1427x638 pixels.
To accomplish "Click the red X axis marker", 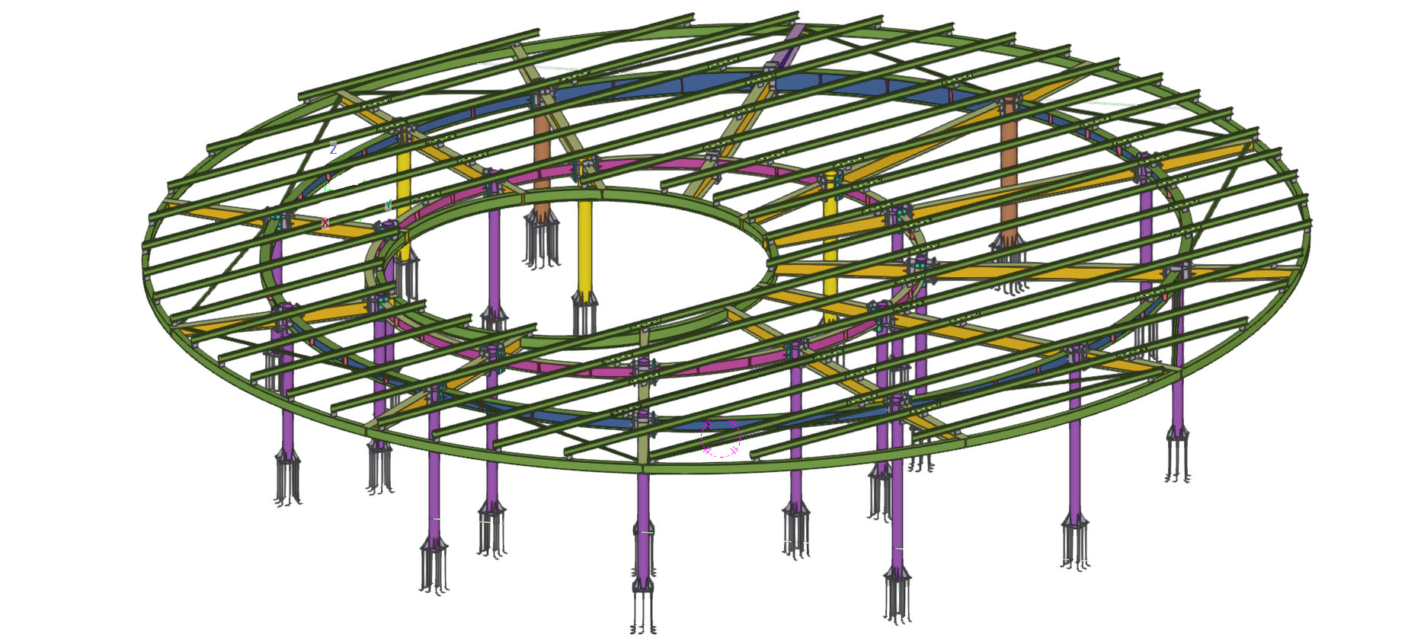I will [325, 223].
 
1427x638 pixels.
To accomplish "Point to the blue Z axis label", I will [333, 150].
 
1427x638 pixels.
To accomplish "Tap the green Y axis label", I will [389, 204].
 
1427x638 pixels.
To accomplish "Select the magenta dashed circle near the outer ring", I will [720, 438].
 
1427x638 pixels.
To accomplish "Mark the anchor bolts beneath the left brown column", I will [542, 240].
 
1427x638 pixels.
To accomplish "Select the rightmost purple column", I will [1178, 358].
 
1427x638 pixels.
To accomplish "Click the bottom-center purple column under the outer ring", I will [643, 518].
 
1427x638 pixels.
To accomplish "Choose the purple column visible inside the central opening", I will [494, 259].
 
